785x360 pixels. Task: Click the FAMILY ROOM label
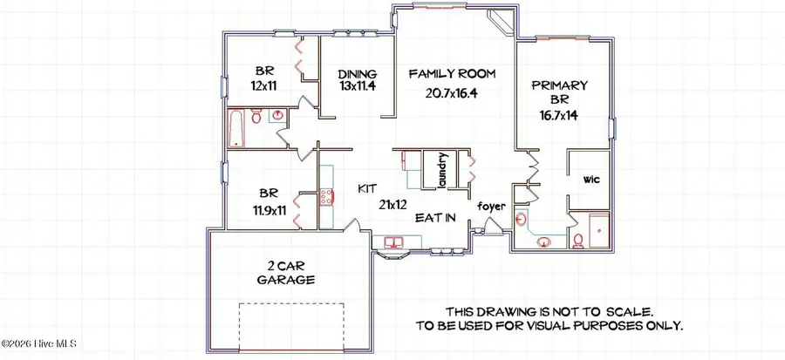452,74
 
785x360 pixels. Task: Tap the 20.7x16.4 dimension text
452,93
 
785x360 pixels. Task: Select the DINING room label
359,74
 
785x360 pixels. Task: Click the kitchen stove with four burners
327,197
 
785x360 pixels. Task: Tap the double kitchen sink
390,241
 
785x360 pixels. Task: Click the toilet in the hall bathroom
256,116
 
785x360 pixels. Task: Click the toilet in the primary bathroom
577,240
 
